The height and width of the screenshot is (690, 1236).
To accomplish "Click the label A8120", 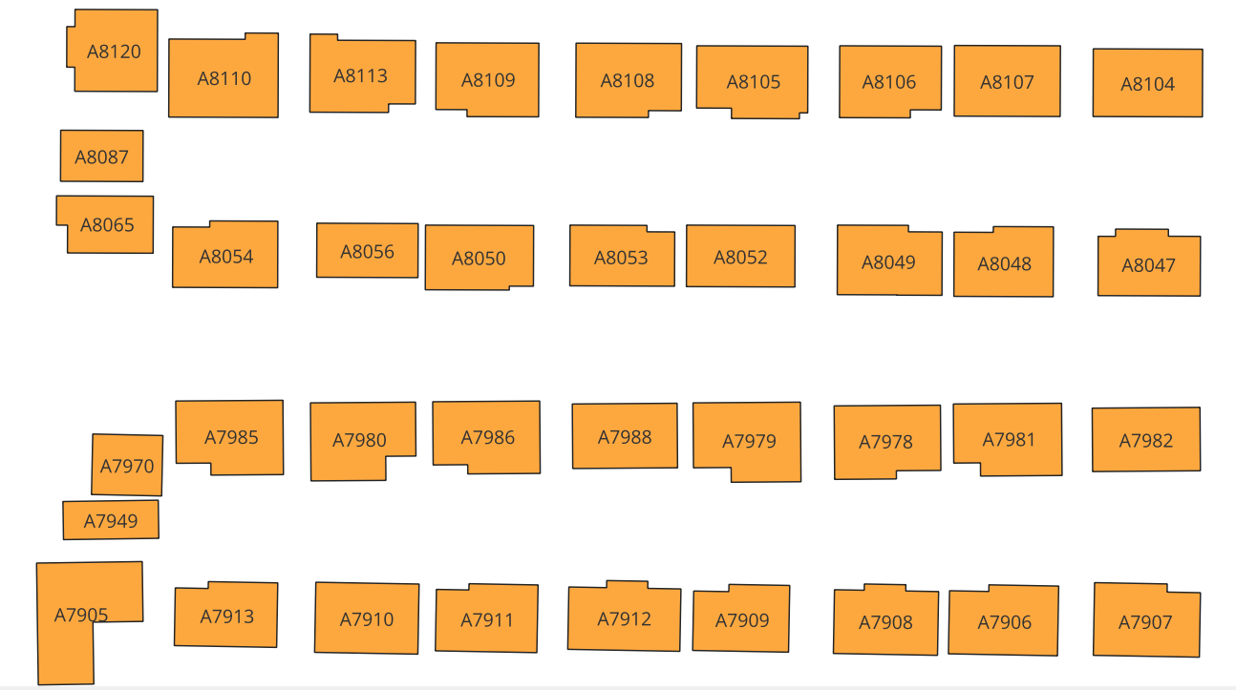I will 114,52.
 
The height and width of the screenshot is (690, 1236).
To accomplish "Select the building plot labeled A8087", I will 101,157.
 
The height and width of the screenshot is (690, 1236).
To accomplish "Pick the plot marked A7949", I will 111,521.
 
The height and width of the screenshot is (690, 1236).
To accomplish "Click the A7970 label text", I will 127,467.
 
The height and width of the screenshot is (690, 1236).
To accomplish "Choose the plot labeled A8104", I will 1147,84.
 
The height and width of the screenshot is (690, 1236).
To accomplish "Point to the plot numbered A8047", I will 1148,265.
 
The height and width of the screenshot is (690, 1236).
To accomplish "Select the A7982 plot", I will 1145,441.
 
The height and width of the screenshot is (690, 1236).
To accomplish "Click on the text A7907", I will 1145,622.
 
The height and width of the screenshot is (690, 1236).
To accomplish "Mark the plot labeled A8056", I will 367,252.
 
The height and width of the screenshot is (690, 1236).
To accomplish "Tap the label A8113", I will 360,76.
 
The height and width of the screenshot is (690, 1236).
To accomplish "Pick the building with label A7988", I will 625,437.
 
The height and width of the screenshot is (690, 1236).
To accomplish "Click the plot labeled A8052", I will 740,257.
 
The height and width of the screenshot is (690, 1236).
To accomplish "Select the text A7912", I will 625,619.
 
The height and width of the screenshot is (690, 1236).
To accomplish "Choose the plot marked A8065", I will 107,225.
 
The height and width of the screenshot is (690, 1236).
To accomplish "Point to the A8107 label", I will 1007,82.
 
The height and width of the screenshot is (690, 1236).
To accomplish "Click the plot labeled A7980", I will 359,440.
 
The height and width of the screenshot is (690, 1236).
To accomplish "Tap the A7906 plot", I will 1004,622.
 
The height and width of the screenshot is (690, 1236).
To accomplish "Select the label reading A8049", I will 888,262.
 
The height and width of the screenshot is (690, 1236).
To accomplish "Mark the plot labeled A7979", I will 749,441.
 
